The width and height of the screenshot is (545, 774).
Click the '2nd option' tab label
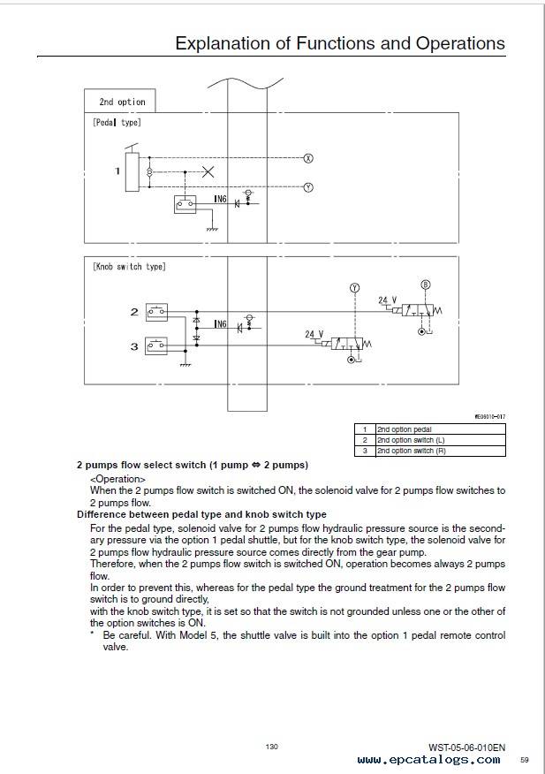click(123, 102)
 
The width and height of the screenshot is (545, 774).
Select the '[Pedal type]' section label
click(117, 122)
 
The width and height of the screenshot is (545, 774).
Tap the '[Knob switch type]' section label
click(129, 267)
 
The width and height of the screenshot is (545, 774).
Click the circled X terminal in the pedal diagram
click(308, 158)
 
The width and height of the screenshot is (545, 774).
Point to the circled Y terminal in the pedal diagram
click(308, 187)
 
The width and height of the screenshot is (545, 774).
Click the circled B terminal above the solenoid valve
click(426, 285)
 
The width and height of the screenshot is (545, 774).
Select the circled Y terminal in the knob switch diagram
click(354, 288)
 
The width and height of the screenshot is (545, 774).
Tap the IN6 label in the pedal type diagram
click(220, 199)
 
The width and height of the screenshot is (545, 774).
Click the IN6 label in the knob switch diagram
click(220, 323)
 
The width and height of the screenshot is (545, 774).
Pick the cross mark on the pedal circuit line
click(208, 171)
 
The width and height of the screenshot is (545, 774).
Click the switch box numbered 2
click(157, 313)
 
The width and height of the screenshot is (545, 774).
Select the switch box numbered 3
click(157, 346)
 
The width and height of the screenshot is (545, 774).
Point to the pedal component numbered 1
click(132, 171)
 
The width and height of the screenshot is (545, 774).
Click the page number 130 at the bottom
click(271, 747)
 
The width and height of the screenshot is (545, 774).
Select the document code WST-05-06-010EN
click(467, 747)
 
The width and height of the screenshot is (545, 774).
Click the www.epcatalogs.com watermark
click(429, 760)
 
